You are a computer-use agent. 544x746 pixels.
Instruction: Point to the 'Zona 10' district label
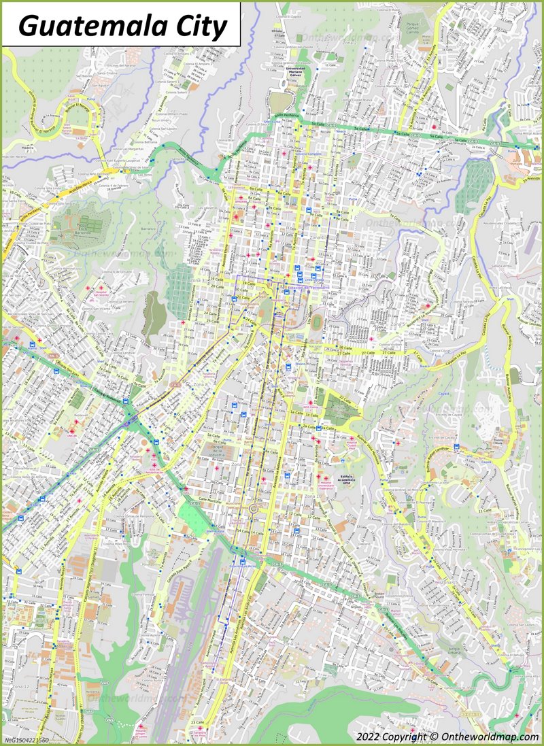[309, 497]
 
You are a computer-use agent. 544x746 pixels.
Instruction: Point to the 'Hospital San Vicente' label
[99, 293]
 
